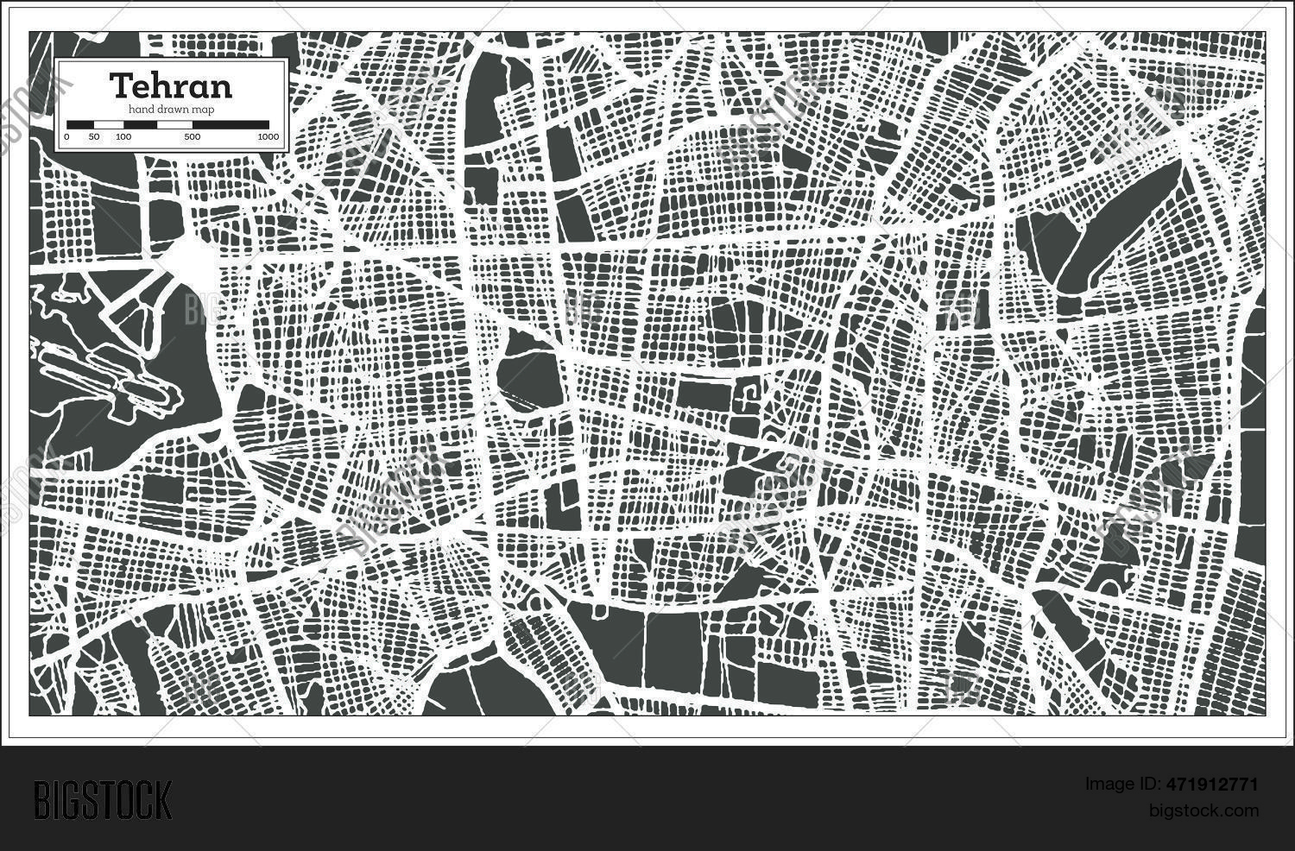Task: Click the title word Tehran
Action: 171,85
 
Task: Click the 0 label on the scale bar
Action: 67,137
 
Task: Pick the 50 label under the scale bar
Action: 94,137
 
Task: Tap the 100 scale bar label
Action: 123,137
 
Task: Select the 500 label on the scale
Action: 192,137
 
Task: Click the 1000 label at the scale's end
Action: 268,137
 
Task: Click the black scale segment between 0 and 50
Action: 80,124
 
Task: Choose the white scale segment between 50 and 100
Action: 109,124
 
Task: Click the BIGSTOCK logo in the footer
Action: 103,799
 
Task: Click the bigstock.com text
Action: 1203,810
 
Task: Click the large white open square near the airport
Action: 195,263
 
